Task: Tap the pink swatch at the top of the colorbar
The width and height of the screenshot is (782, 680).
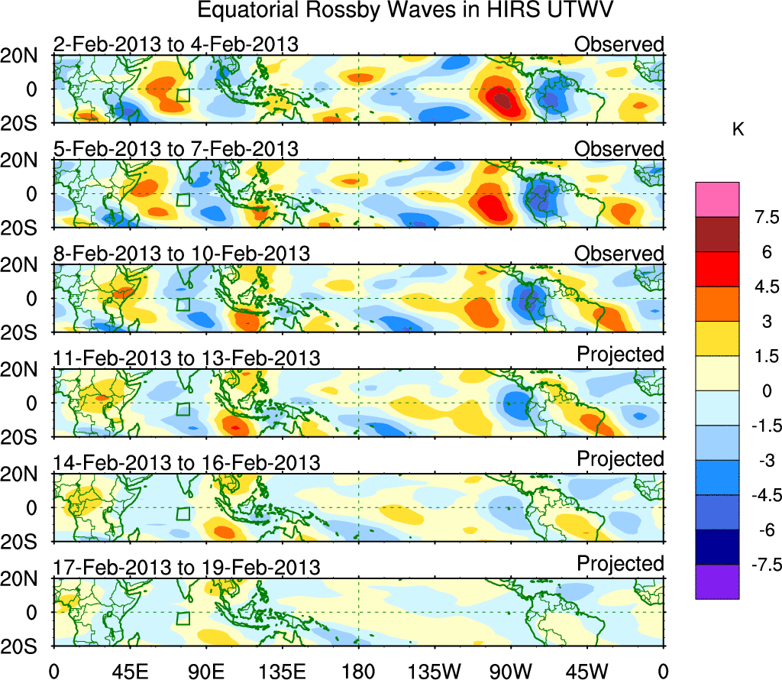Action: pos(717,199)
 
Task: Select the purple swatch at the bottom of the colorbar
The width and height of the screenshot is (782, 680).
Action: pos(717,581)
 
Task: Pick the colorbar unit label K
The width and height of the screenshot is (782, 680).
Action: pos(738,131)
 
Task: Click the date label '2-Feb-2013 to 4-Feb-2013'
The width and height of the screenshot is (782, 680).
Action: pos(176,44)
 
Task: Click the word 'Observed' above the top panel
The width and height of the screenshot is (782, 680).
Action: pos(619,44)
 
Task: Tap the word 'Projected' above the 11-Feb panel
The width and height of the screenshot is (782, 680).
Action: pos(620,355)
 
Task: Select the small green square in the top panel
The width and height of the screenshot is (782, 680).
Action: pos(183,95)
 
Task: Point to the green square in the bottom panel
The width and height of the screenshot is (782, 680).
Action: pos(183,618)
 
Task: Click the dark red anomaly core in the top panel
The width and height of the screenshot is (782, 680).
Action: pos(501,99)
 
